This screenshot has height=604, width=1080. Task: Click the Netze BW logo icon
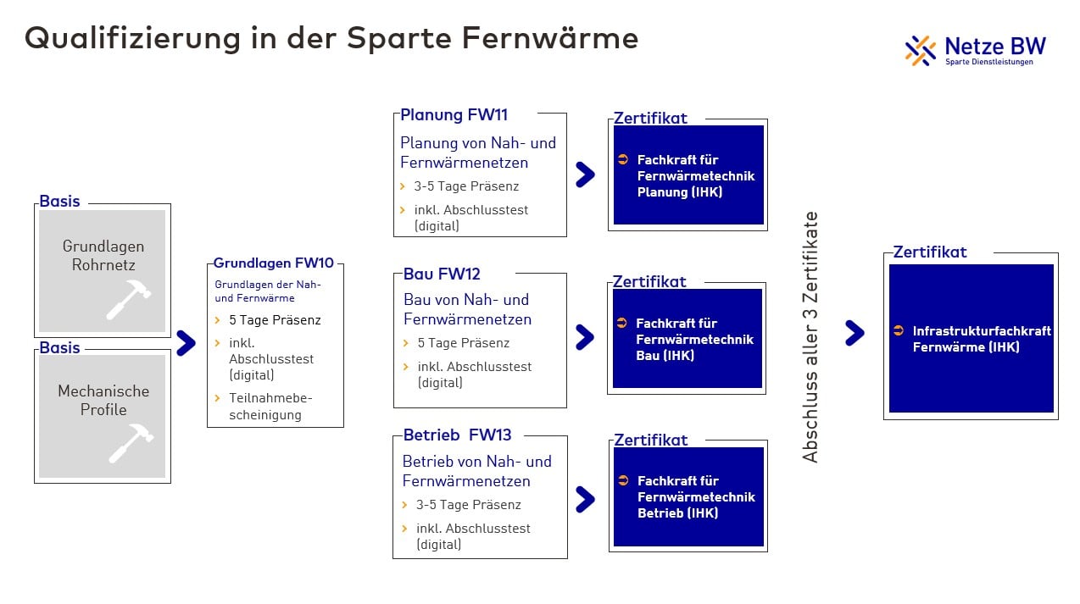[920, 50]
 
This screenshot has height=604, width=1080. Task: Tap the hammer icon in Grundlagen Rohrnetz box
[129, 299]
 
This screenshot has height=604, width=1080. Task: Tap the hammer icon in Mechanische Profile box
[131, 444]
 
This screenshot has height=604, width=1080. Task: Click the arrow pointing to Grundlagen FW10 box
[186, 342]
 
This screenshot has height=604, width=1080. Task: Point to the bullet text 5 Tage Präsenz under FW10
[275, 320]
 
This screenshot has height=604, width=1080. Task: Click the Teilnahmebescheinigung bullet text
[270, 407]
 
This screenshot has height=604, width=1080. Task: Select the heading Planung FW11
[454, 115]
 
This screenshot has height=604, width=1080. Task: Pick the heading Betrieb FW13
[457, 435]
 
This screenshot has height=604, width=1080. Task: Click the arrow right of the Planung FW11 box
[585, 175]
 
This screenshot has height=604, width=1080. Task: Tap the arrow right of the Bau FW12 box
[585, 337]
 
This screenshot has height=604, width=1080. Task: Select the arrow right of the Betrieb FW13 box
[585, 499]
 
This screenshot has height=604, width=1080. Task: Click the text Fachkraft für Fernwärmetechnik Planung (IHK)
[695, 175]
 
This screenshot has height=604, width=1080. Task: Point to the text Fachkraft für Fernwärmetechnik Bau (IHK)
[693, 339]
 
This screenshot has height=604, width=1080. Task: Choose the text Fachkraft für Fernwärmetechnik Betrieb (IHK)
[695, 496]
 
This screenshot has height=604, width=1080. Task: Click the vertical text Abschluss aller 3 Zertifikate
[810, 336]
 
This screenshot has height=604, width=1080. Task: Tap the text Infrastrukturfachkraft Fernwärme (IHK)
[981, 339]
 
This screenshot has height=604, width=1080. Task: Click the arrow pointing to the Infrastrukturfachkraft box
[855, 333]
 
